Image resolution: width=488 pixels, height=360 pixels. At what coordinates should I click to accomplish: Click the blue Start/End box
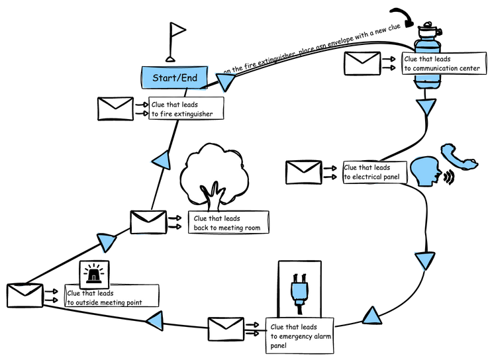[x=175, y=77]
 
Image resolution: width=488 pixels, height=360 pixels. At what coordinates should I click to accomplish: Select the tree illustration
[x=213, y=173]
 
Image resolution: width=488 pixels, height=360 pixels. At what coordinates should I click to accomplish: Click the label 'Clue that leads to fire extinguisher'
[x=185, y=109]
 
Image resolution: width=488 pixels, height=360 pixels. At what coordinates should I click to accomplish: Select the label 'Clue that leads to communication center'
[x=442, y=64]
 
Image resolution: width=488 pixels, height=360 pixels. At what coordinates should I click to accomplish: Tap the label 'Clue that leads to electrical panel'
[x=374, y=172]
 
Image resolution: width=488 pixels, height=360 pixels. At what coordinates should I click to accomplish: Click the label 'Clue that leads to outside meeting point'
[x=113, y=298]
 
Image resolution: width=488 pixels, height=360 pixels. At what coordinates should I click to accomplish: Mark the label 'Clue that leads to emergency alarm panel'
[x=300, y=336]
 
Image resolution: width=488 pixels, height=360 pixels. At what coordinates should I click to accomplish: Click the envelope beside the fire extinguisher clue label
[x=115, y=109]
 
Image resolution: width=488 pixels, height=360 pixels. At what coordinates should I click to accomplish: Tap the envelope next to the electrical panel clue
[x=303, y=172]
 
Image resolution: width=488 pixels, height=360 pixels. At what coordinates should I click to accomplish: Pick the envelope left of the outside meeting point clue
[x=24, y=296]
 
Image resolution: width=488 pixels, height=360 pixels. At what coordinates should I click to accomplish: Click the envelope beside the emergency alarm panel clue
[x=226, y=329]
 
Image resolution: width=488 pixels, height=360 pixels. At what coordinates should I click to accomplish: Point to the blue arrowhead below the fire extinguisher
[x=426, y=107]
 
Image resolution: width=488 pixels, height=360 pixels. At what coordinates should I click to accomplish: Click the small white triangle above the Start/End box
[x=178, y=30]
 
